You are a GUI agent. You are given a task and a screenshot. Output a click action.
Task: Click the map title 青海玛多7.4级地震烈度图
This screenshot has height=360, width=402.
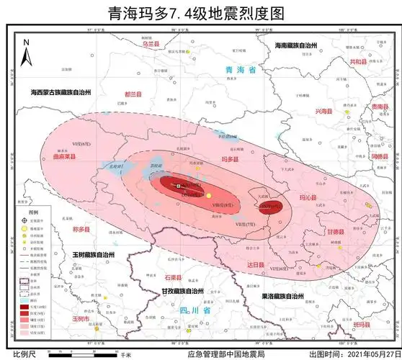(x=200, y=12)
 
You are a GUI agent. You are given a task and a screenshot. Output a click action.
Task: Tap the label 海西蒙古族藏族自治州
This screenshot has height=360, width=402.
(x=61, y=92)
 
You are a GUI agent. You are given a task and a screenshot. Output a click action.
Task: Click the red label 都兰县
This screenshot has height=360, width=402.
(x=134, y=94)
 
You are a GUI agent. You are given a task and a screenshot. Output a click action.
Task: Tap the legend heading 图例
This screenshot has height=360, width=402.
(x=33, y=204)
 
